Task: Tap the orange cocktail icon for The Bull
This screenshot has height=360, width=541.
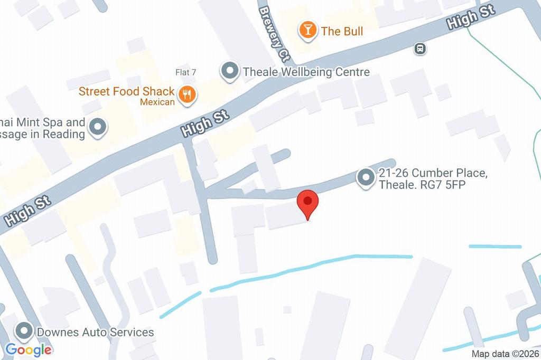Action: [x=307, y=30]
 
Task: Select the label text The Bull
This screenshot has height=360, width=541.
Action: [x=342, y=31]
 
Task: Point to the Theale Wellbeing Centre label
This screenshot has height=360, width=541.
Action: [x=306, y=72]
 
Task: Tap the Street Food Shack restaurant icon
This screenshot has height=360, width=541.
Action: [x=187, y=95]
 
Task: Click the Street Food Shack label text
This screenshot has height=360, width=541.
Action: [x=126, y=91]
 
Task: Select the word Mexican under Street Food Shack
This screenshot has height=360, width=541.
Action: [x=157, y=102]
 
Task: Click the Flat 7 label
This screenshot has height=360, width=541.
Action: [x=186, y=72]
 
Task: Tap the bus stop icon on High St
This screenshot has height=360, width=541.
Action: [x=420, y=49]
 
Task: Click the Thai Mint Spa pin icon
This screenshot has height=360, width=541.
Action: [x=98, y=127]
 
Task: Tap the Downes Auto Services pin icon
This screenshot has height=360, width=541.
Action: [x=24, y=332]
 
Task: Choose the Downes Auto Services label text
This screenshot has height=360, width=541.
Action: [x=95, y=332]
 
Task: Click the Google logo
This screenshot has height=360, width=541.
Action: [x=29, y=349]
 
